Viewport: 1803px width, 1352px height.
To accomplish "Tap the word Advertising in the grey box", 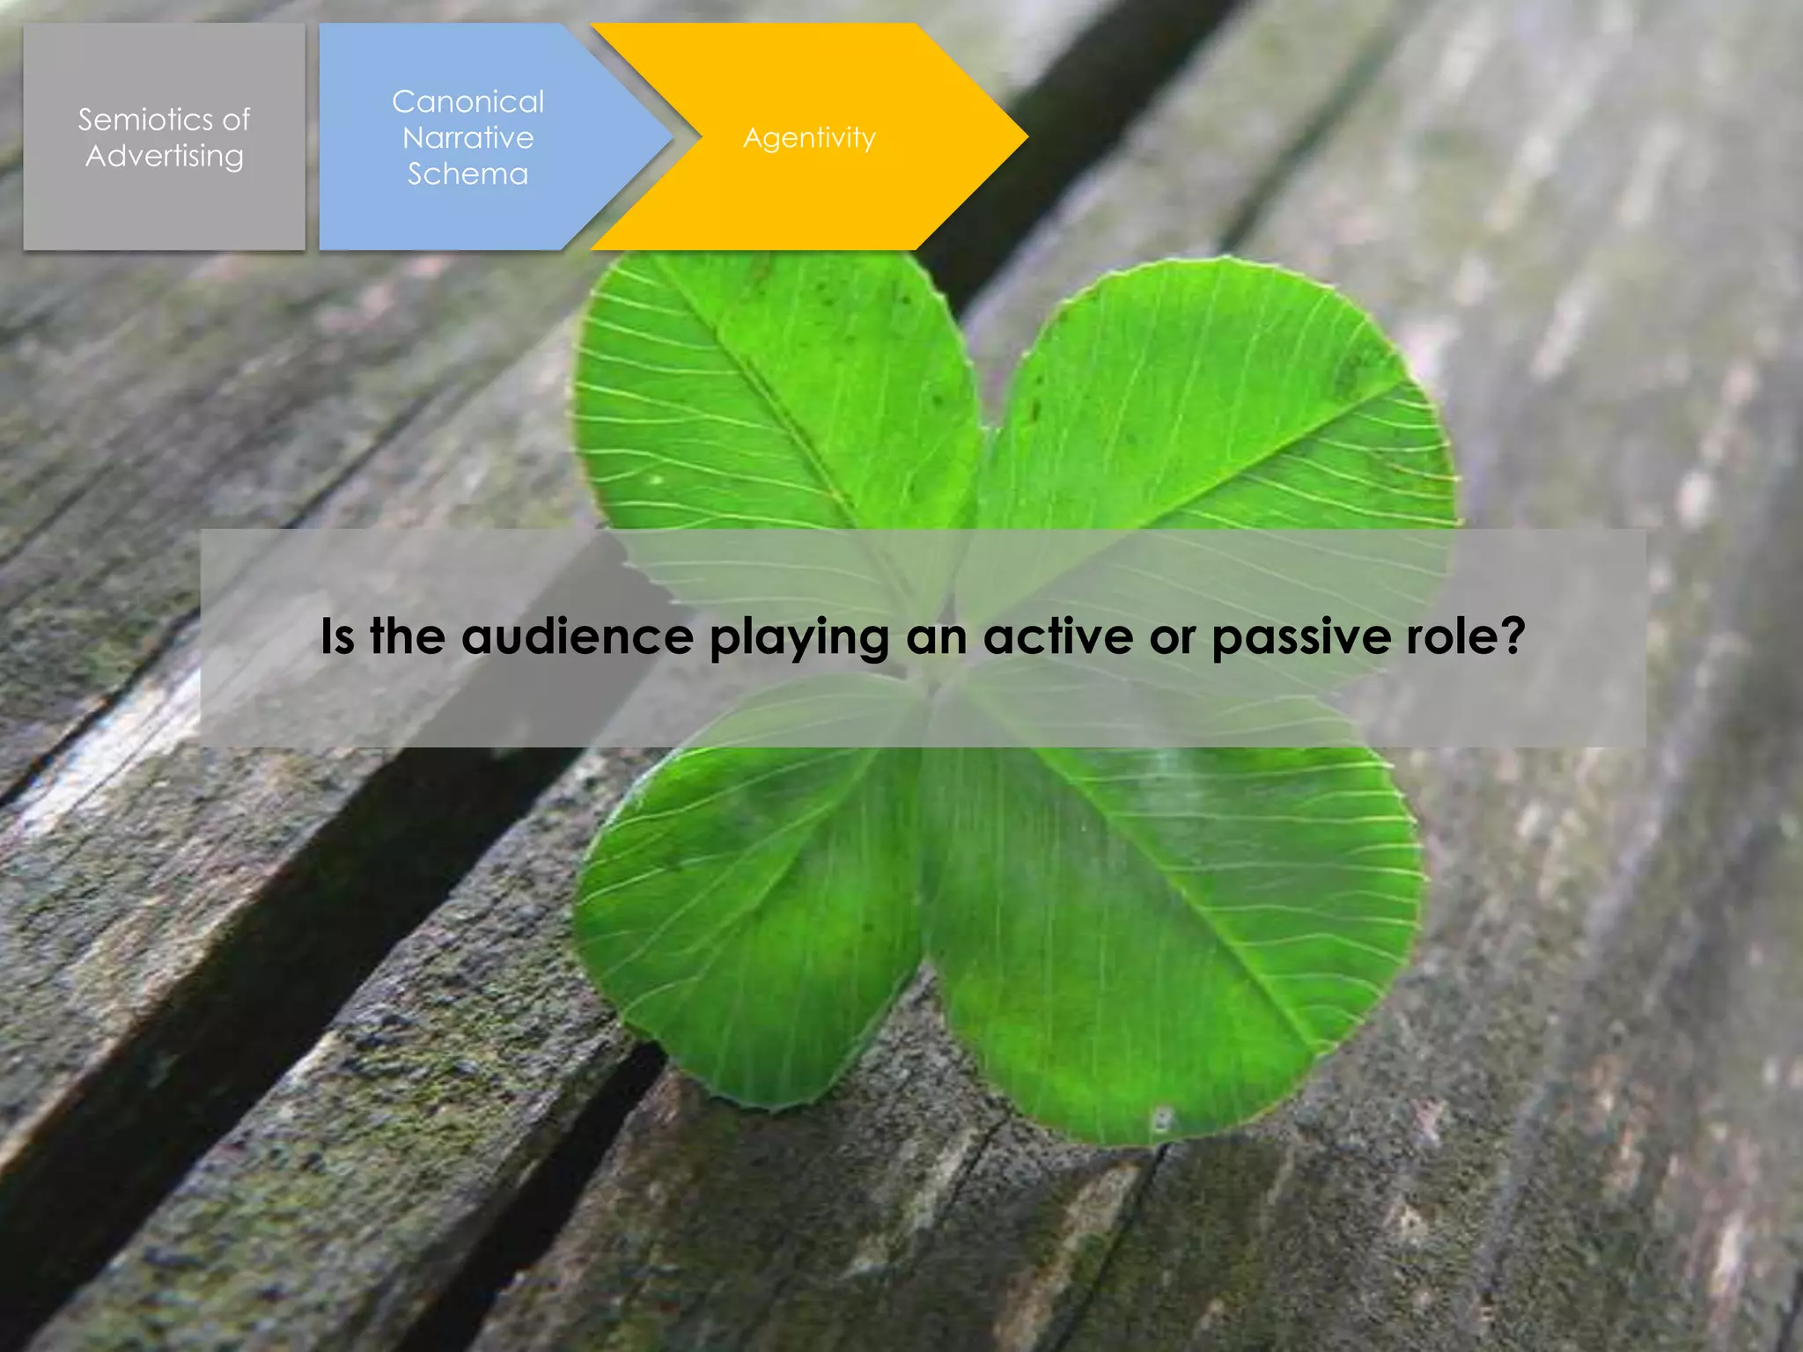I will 165,156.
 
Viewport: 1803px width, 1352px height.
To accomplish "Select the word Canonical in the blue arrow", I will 467,101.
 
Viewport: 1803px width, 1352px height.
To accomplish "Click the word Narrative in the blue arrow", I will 467,137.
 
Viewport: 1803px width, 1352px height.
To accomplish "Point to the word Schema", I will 467,173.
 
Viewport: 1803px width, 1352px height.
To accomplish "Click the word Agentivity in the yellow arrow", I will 809,137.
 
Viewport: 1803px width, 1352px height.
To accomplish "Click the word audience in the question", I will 578,636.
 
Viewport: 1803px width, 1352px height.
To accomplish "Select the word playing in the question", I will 798,636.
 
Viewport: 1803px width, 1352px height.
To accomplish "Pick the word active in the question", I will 1057,636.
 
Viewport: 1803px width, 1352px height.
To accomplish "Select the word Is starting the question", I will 336,636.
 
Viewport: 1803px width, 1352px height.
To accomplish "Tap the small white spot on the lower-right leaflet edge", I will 1161,1121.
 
